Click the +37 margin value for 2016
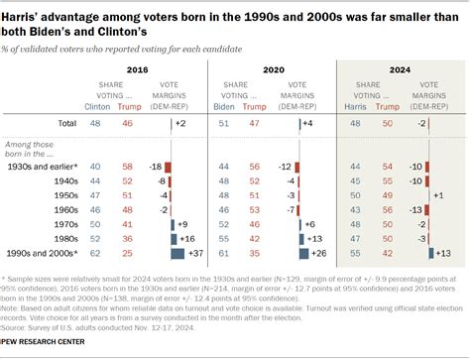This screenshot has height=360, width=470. pyautogui.click(x=195, y=253)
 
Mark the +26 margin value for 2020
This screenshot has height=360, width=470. pyautogui.click(x=320, y=253)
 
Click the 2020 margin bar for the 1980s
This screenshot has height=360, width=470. pyautogui.click(x=303, y=239)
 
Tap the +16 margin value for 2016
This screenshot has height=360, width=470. pyautogui.click(x=187, y=239)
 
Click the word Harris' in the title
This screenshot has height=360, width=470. pyautogui.click(x=21, y=12)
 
